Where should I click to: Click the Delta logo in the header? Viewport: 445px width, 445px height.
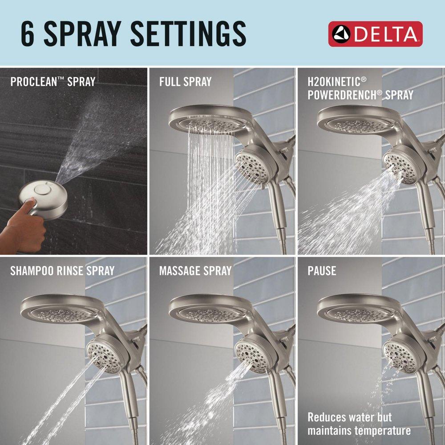[375, 34]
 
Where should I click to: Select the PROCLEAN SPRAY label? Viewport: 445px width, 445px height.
[53, 82]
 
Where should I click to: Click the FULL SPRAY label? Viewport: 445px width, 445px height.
[185, 82]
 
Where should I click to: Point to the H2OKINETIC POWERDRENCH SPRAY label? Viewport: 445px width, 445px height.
[360, 88]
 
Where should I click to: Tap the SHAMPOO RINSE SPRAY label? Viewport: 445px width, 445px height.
[62, 270]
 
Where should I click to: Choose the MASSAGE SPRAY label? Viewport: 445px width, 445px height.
[195, 270]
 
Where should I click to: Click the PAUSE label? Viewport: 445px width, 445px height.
[322, 270]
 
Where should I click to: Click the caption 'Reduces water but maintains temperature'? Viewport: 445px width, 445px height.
[359, 424]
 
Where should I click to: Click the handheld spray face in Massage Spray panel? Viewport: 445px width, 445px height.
[252, 356]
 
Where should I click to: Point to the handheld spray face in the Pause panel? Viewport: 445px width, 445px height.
[400, 356]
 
